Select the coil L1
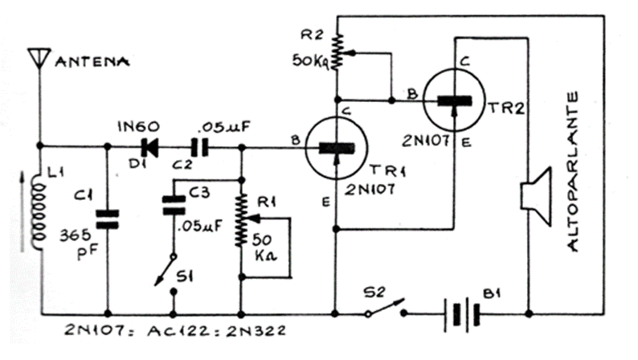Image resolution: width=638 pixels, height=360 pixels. [x=37, y=213]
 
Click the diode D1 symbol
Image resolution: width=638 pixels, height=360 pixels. [x=149, y=147]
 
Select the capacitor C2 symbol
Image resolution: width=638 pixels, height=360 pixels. [x=197, y=147]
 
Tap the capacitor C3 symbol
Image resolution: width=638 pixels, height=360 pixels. [x=172, y=205]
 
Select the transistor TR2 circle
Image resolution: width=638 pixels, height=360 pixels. [x=455, y=100]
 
